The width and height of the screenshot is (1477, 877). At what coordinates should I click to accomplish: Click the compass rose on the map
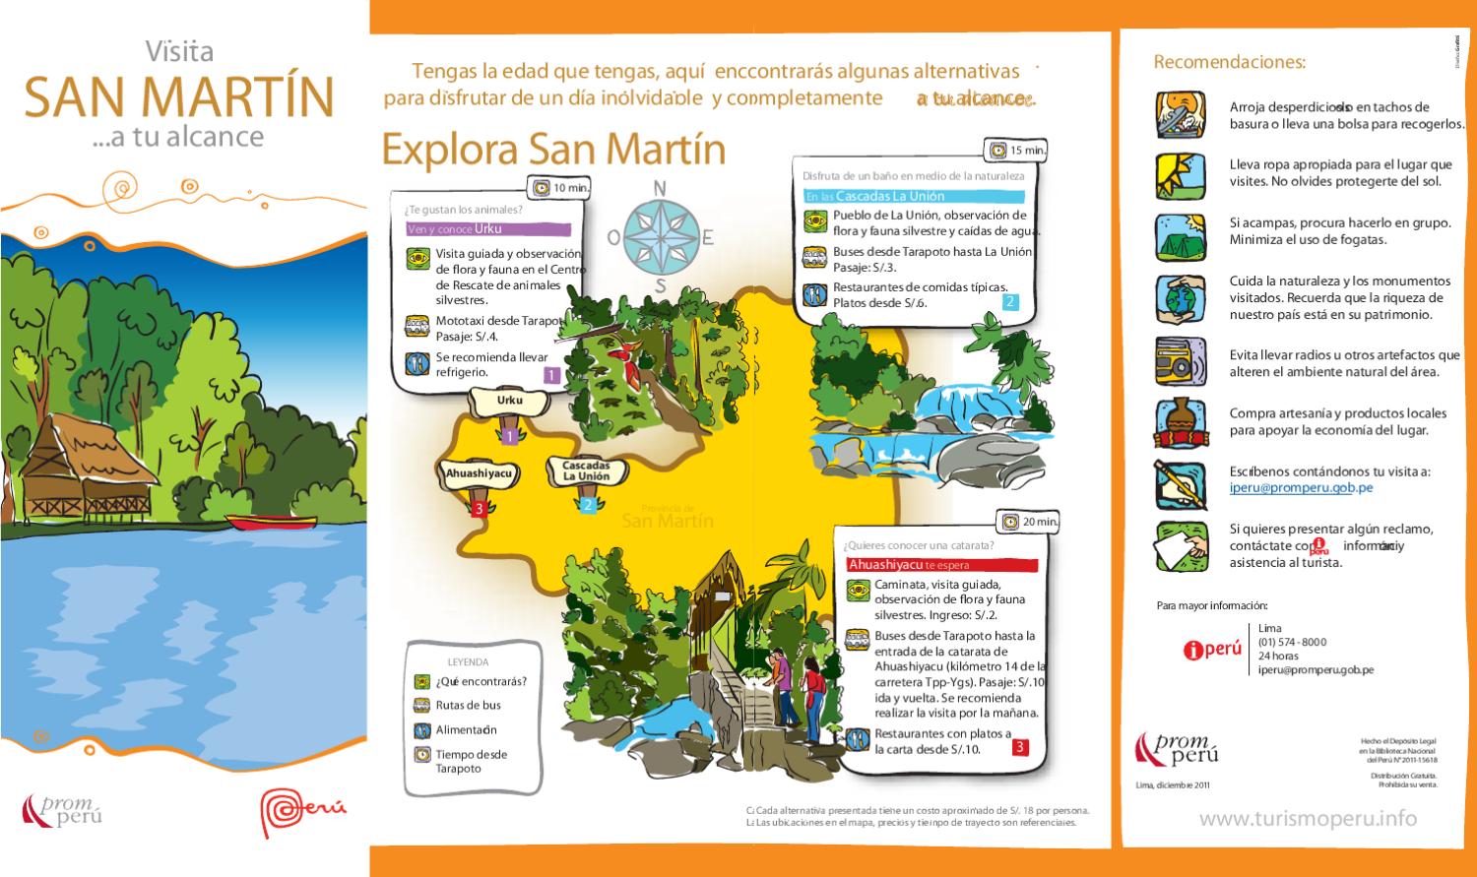660,237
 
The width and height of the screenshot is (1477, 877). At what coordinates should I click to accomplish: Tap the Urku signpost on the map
509,402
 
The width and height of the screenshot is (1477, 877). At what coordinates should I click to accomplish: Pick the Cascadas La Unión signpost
586,470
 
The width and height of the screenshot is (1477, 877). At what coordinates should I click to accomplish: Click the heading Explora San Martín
552,150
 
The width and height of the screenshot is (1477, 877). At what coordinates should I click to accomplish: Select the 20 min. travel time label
1030,522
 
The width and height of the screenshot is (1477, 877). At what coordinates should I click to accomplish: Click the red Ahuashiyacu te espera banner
941,565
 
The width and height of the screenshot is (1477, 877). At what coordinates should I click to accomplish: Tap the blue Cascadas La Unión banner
913,196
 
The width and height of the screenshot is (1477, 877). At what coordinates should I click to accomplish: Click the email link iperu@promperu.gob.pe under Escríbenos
1301,487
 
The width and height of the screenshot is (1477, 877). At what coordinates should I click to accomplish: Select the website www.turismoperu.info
1308,818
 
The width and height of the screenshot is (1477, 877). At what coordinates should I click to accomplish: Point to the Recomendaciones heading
1229,62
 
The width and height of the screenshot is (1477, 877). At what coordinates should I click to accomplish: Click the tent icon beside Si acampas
1180,237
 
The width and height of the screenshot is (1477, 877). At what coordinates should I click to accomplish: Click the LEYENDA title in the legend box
468,662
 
